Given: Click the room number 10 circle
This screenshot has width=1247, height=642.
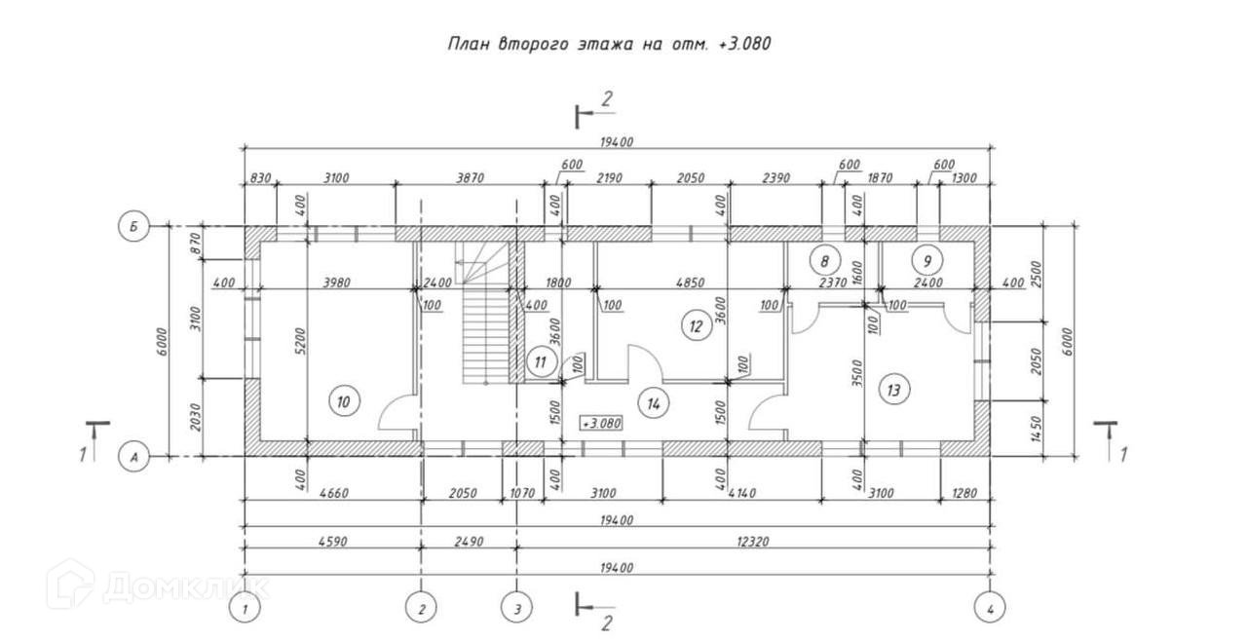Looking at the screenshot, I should click(x=345, y=400).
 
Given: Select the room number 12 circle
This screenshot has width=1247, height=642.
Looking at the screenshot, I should click(x=695, y=326).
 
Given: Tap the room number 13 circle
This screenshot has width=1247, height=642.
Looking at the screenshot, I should click(x=893, y=390).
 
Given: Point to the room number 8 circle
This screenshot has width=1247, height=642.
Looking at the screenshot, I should click(x=825, y=260).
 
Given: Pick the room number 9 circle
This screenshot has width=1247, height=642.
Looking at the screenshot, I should click(x=927, y=260).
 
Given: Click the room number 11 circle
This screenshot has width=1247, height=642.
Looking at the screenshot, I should click(x=542, y=363).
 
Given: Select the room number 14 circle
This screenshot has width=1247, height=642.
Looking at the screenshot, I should click(x=653, y=400).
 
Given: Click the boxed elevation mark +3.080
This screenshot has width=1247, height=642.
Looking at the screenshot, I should click(x=600, y=424).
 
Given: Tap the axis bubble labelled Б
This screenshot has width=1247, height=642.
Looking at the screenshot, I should click(x=132, y=227).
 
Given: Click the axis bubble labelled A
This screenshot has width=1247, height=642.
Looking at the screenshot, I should click(x=132, y=455).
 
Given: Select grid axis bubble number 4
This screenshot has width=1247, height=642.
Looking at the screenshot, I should click(x=991, y=609).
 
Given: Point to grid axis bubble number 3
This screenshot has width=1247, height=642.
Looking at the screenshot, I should click(x=517, y=609).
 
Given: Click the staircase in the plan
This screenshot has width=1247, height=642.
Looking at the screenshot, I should click(x=484, y=321).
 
